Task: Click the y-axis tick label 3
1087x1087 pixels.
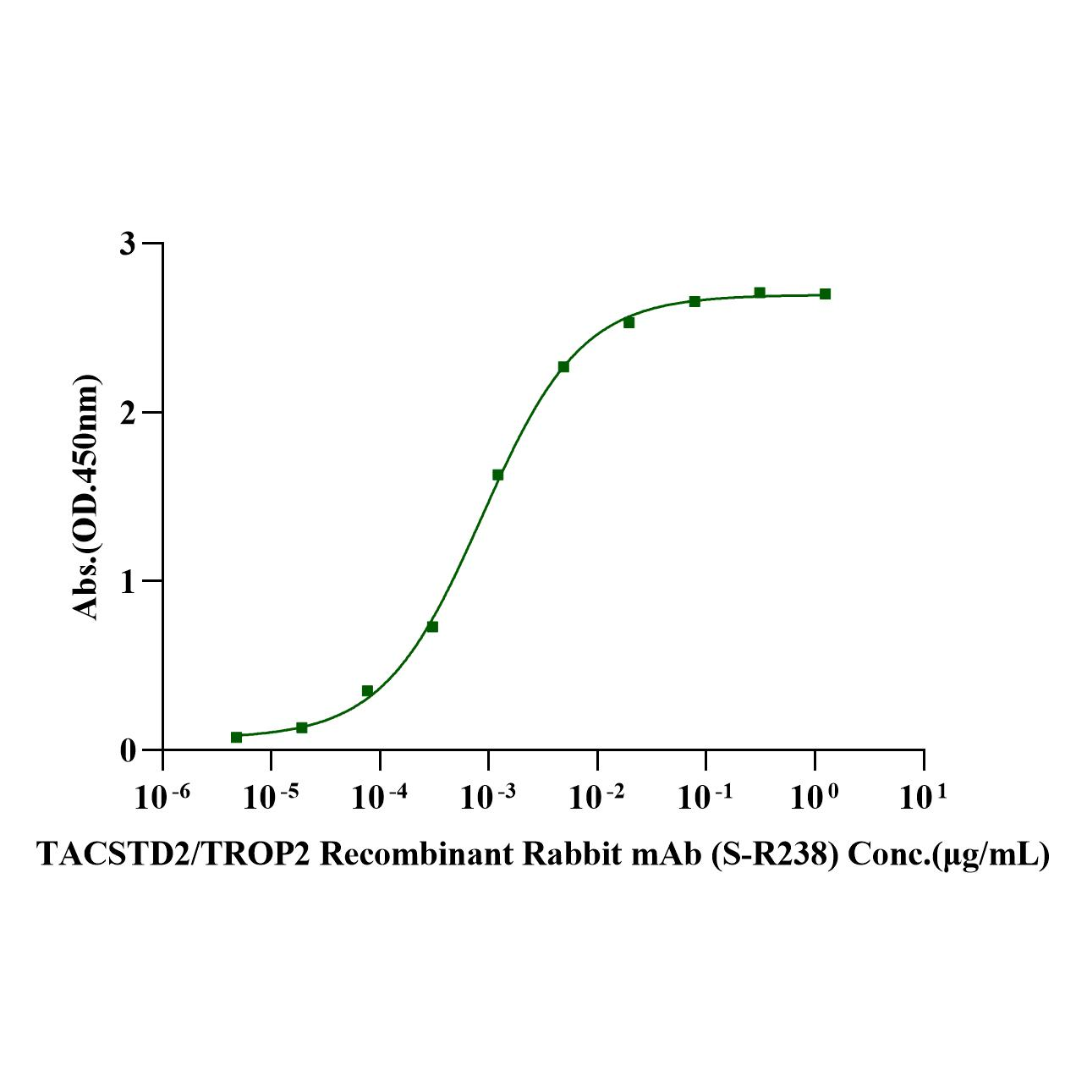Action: point(127,244)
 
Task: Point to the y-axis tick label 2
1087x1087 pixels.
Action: point(127,413)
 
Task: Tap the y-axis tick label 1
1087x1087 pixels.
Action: point(127,581)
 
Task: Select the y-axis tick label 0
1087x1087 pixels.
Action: point(127,750)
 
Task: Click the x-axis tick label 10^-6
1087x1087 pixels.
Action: point(162,796)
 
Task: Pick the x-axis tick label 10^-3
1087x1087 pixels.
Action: point(488,796)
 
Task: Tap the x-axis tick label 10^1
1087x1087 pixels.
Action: point(923,796)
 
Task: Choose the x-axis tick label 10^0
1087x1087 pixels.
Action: point(815,796)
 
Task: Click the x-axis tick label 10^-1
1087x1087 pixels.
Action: point(705,796)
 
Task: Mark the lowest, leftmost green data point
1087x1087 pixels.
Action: point(236,737)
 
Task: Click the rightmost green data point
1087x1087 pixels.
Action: point(825,294)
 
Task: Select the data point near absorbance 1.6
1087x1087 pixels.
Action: point(497,475)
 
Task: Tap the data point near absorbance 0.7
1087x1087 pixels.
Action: point(432,627)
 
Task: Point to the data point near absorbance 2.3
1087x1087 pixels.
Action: point(563,366)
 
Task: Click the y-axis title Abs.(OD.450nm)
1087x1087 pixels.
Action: point(86,497)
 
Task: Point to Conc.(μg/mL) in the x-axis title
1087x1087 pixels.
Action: point(948,854)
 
